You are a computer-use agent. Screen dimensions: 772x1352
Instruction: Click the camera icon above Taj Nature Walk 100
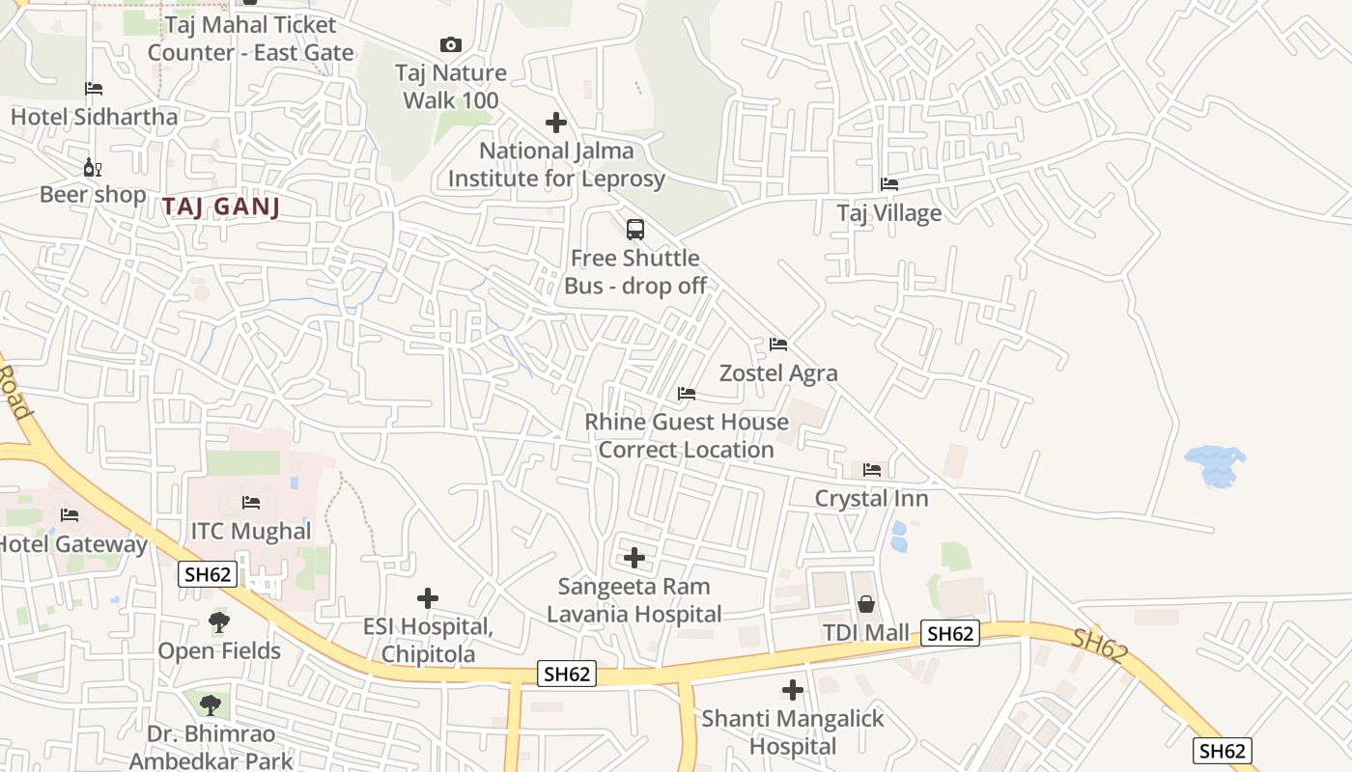coord(450,44)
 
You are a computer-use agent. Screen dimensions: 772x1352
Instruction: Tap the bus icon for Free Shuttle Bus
coord(635,230)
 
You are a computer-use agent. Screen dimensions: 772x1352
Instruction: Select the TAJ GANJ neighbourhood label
coord(221,207)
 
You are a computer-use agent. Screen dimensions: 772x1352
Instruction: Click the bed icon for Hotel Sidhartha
coord(94,89)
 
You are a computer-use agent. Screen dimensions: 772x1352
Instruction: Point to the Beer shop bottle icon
coord(93,168)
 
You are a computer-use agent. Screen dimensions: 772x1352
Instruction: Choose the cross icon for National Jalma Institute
coord(556,123)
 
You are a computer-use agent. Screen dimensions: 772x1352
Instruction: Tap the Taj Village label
coord(888,213)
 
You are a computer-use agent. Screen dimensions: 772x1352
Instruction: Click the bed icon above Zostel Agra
coord(778,345)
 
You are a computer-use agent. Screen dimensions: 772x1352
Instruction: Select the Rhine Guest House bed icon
coord(687,394)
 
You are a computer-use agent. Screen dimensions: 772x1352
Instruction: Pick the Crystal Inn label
coord(871,499)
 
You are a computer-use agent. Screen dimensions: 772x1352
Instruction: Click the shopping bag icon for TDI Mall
coord(866,604)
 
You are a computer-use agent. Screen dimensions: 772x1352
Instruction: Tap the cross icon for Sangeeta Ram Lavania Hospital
coord(634,558)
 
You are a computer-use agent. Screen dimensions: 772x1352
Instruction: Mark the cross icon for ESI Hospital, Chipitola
coord(428,598)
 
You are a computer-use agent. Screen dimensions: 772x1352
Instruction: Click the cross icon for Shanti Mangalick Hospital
coord(793,690)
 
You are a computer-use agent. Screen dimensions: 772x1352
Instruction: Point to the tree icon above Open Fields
coord(220,622)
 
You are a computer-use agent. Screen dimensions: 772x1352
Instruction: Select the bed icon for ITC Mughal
coord(251,503)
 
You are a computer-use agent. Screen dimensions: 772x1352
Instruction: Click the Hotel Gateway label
coord(73,544)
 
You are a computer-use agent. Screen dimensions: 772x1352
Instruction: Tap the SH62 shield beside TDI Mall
coord(950,633)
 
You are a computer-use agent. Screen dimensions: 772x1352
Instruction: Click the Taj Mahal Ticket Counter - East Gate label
coord(250,39)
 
